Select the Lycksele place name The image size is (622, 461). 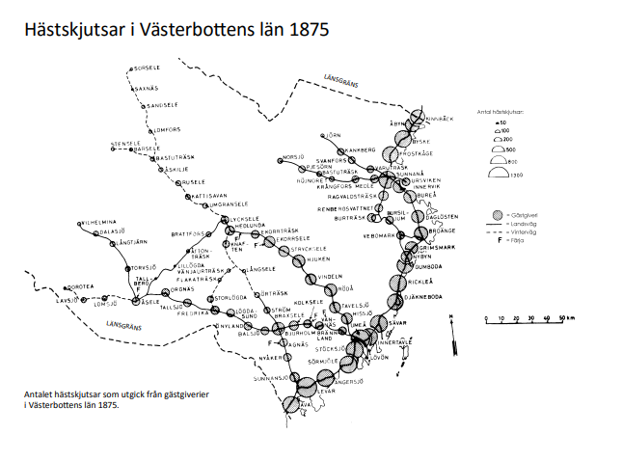[x=245, y=219]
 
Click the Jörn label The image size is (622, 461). [x=336, y=134]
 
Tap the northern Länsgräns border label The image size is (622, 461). [x=341, y=84]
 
